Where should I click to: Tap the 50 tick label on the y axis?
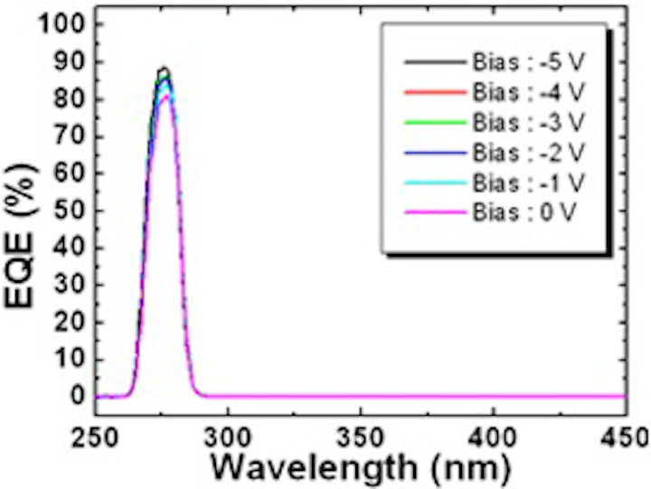coord(67,211)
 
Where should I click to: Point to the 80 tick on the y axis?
coord(67,99)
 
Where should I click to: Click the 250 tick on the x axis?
coord(95,436)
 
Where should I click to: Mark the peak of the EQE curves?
coord(164,68)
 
